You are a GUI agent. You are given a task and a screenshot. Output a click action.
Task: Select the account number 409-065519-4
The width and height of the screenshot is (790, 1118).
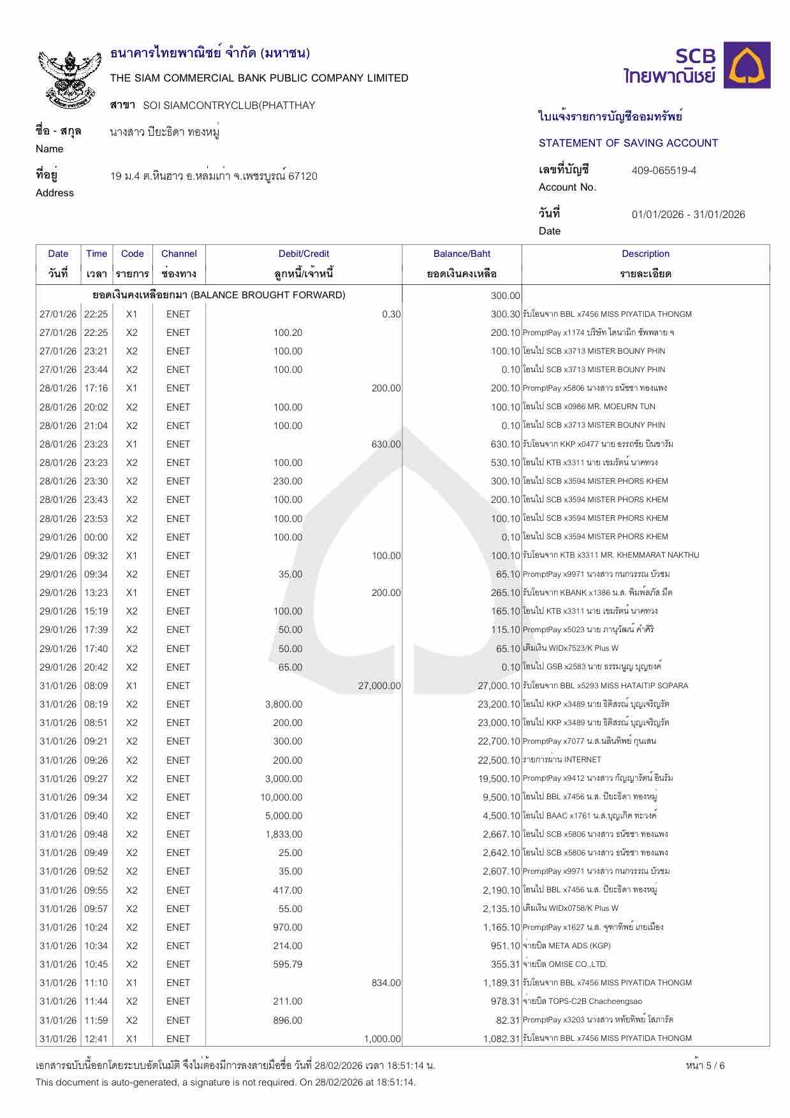point(664,170)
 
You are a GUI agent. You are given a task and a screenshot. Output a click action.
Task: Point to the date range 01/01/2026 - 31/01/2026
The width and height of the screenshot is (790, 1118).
point(688,214)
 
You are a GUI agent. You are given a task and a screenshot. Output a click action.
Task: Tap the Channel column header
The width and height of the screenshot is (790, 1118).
point(179,254)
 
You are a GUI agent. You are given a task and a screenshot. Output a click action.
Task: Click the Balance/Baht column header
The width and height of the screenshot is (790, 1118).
point(462,254)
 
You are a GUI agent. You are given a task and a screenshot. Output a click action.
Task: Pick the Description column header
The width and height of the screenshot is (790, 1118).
point(645,254)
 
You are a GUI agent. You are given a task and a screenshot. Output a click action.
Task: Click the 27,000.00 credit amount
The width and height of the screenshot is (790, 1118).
point(379,686)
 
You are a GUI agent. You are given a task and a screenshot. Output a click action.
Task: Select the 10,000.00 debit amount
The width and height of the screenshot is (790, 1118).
point(281,797)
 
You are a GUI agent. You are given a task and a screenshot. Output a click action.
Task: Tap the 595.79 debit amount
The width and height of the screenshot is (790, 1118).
point(288,964)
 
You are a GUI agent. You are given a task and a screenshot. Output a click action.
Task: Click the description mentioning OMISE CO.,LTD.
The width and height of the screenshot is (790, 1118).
point(566,964)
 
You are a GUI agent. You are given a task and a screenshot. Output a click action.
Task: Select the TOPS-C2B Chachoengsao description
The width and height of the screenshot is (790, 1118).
point(583,1001)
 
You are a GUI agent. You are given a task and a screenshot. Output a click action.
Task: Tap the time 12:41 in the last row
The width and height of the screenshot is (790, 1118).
point(96,1038)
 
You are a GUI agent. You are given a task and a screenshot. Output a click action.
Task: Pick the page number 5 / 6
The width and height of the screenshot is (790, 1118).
point(705,1065)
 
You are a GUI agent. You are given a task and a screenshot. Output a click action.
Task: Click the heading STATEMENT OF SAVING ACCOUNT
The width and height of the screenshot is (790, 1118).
point(628,143)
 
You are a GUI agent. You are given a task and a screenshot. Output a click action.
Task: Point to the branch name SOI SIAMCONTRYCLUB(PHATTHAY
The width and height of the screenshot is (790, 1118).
point(229,105)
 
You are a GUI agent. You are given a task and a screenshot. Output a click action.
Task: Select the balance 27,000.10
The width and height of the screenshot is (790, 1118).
point(499,686)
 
